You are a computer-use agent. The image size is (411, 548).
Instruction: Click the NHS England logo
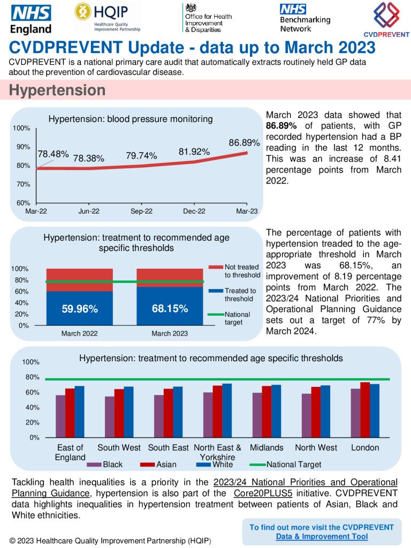[x=31, y=20]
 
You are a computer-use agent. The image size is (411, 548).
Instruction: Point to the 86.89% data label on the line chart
[x=244, y=143]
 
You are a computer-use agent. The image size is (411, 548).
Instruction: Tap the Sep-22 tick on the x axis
[x=141, y=211]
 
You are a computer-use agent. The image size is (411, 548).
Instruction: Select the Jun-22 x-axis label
[x=89, y=211]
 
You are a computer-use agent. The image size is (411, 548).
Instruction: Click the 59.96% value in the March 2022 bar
[x=80, y=309]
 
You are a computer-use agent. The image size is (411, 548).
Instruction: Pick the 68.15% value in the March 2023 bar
[x=170, y=309]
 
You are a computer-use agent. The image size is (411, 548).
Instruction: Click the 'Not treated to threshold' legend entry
[x=241, y=271]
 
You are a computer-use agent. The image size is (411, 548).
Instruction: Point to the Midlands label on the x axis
[x=267, y=447]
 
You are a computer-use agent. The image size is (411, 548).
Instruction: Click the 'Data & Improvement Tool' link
[x=322, y=536]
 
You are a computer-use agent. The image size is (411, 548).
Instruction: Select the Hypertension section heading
[x=57, y=90]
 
